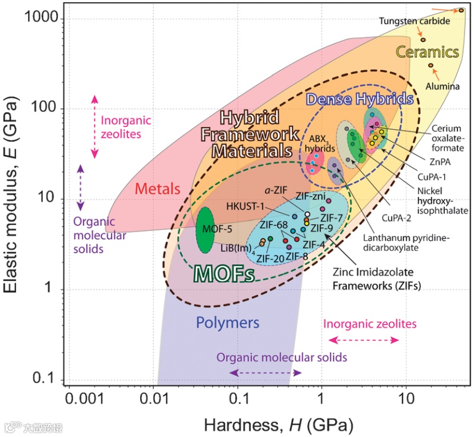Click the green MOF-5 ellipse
[205, 230]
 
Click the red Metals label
[158, 189]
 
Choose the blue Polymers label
[228, 323]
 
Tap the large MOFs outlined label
[224, 273]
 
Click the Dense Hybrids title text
[360, 98]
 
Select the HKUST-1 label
[246, 206]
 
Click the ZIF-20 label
[270, 257]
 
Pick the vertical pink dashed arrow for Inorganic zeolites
[95, 126]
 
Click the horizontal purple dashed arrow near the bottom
[257, 372]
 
